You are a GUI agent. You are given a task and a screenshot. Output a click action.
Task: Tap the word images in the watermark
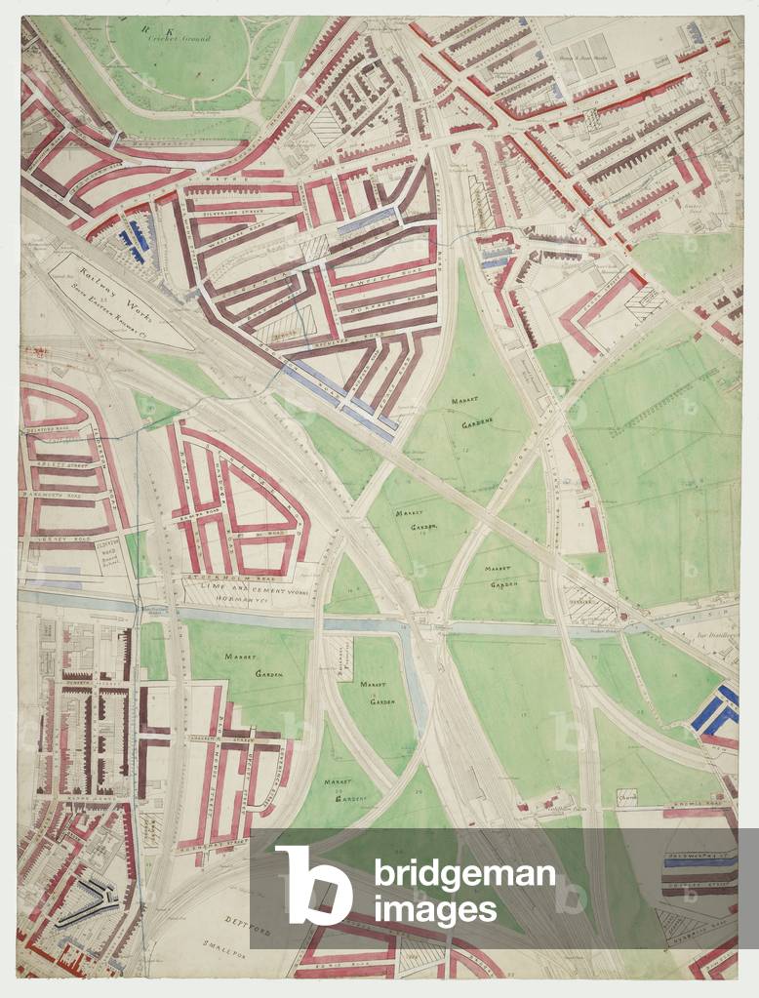click(435, 911)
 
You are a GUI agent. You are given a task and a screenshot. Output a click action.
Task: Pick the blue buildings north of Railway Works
click(132, 236)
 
